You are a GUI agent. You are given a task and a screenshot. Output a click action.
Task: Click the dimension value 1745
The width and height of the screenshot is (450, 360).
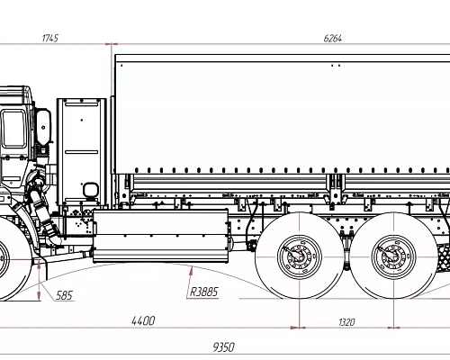[x=49, y=38]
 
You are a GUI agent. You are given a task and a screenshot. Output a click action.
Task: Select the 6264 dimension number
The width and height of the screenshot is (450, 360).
[x=333, y=38]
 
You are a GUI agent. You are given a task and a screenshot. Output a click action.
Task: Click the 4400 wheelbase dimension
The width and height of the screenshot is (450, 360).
[x=143, y=320]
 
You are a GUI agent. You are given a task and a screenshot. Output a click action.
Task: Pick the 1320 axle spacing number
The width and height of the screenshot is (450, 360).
[x=346, y=320]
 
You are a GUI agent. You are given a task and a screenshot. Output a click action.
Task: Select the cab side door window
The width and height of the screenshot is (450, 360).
[x=13, y=130]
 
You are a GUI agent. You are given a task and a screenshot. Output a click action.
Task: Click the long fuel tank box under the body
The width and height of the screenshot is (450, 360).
[x=162, y=234]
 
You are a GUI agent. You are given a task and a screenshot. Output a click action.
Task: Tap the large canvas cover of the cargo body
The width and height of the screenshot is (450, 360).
[x=279, y=112]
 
